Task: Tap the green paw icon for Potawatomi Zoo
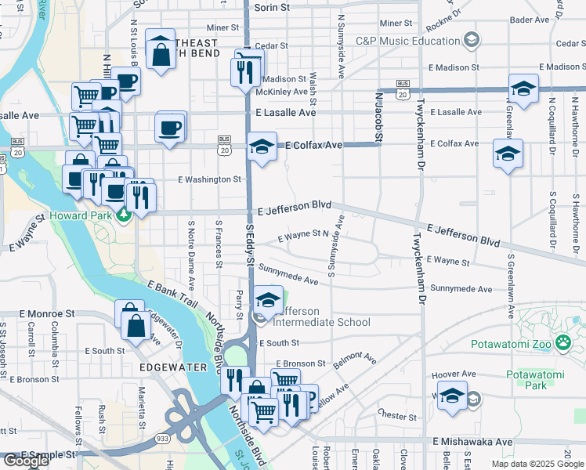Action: [x=562, y=342]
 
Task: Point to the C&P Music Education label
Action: [x=407, y=41]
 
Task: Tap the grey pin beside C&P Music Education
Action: [x=471, y=39]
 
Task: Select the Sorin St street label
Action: [x=271, y=7]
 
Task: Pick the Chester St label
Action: [x=397, y=413]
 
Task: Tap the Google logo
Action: [x=26, y=461]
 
